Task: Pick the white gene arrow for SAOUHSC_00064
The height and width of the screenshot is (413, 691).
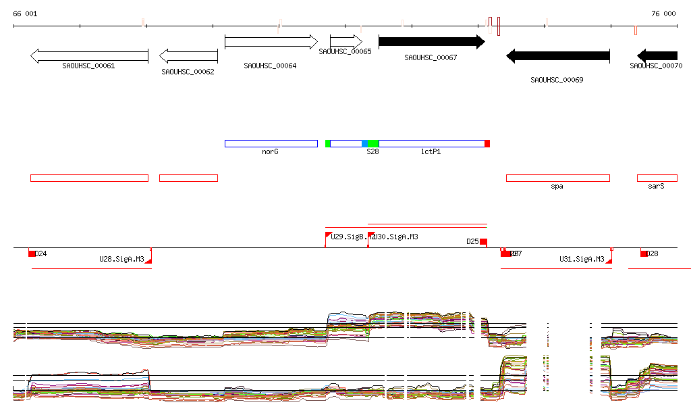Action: pos(271,42)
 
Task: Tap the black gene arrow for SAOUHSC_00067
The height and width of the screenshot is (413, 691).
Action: pos(431,42)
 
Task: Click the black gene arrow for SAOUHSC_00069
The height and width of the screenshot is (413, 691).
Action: pos(557,56)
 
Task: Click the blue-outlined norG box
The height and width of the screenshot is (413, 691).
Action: pos(271,143)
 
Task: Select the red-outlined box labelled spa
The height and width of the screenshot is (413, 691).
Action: pos(557,178)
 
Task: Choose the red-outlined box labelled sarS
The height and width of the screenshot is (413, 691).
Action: pos(657,178)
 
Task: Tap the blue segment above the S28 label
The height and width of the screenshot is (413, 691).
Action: pos(365,143)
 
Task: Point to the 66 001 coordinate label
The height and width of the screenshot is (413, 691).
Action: pos(26,14)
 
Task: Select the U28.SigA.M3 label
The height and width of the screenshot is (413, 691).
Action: pos(121,259)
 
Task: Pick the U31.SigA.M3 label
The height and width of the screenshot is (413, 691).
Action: pos(582,259)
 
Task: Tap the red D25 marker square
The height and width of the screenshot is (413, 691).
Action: pos(483,243)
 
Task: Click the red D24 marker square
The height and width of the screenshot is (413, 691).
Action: pos(32,253)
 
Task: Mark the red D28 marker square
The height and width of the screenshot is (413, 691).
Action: pos(644,253)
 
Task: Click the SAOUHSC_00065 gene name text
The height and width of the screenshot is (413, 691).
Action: pos(345,51)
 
